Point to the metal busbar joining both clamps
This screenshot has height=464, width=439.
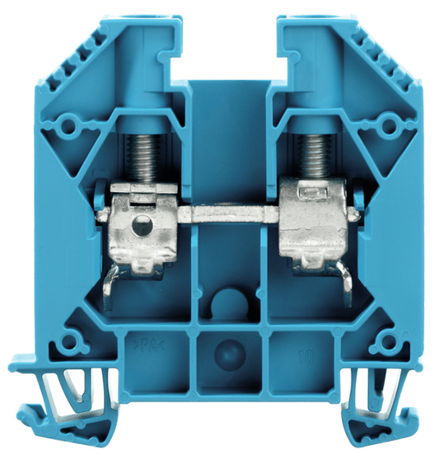(x=228, y=214)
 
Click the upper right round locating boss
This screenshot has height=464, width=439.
(x=388, y=126)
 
